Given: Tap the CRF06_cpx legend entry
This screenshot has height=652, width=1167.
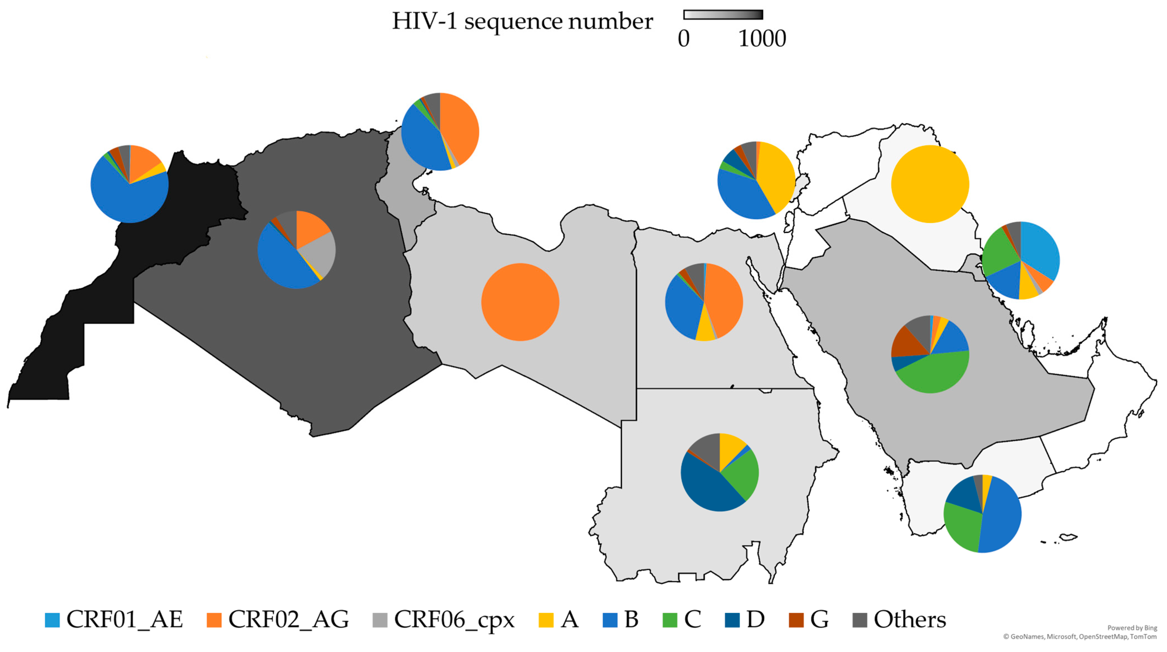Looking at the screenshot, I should point(454,620).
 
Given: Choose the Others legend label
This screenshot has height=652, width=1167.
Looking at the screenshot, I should point(910,620).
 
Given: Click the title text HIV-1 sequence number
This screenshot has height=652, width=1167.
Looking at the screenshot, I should point(522,21).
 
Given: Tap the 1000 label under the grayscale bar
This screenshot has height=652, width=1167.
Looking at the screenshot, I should point(762,39).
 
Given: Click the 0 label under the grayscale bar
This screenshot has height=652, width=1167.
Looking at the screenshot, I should point(684,39).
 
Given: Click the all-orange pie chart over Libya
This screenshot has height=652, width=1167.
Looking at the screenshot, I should point(520,302).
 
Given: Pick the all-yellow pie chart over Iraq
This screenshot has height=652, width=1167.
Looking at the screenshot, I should point(929,184).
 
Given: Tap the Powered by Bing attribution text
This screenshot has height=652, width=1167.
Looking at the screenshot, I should point(1132,628).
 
